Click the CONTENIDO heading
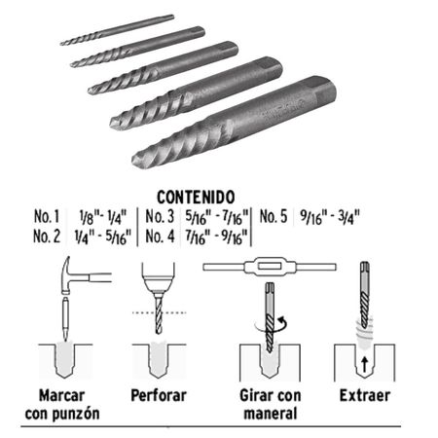[196, 197]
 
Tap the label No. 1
[47, 216]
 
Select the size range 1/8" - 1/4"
[103, 217]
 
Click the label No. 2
[47, 237]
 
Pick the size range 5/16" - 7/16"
[217, 217]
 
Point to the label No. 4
[160, 237]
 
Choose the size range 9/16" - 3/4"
[330, 217]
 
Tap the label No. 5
[274, 216]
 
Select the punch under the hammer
[66, 317]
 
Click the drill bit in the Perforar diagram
[159, 313]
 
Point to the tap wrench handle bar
[270, 267]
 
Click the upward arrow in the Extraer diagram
[365, 364]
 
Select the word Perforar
[159, 395]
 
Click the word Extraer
[365, 395]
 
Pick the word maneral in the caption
[271, 414]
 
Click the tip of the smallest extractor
[61, 43]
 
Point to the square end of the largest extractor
[323, 90]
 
